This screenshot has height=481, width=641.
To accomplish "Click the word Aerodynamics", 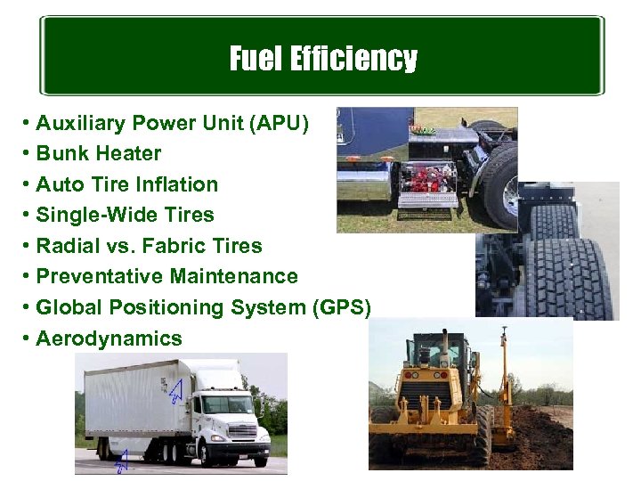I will coord(109,338).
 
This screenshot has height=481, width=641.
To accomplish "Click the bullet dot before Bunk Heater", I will coord(29,153).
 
